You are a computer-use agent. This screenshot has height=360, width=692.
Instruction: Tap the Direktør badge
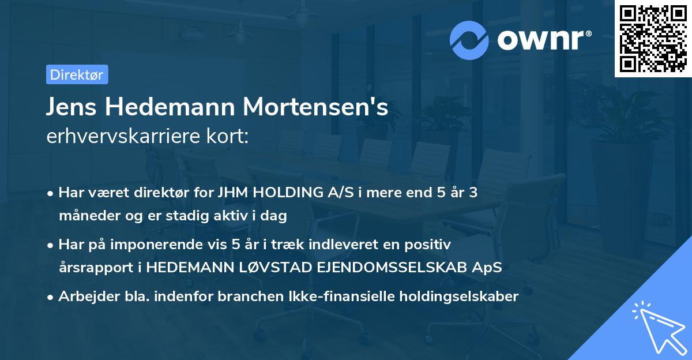tap(77, 74)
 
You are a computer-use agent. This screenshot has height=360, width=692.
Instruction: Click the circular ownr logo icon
tap(470, 40)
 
